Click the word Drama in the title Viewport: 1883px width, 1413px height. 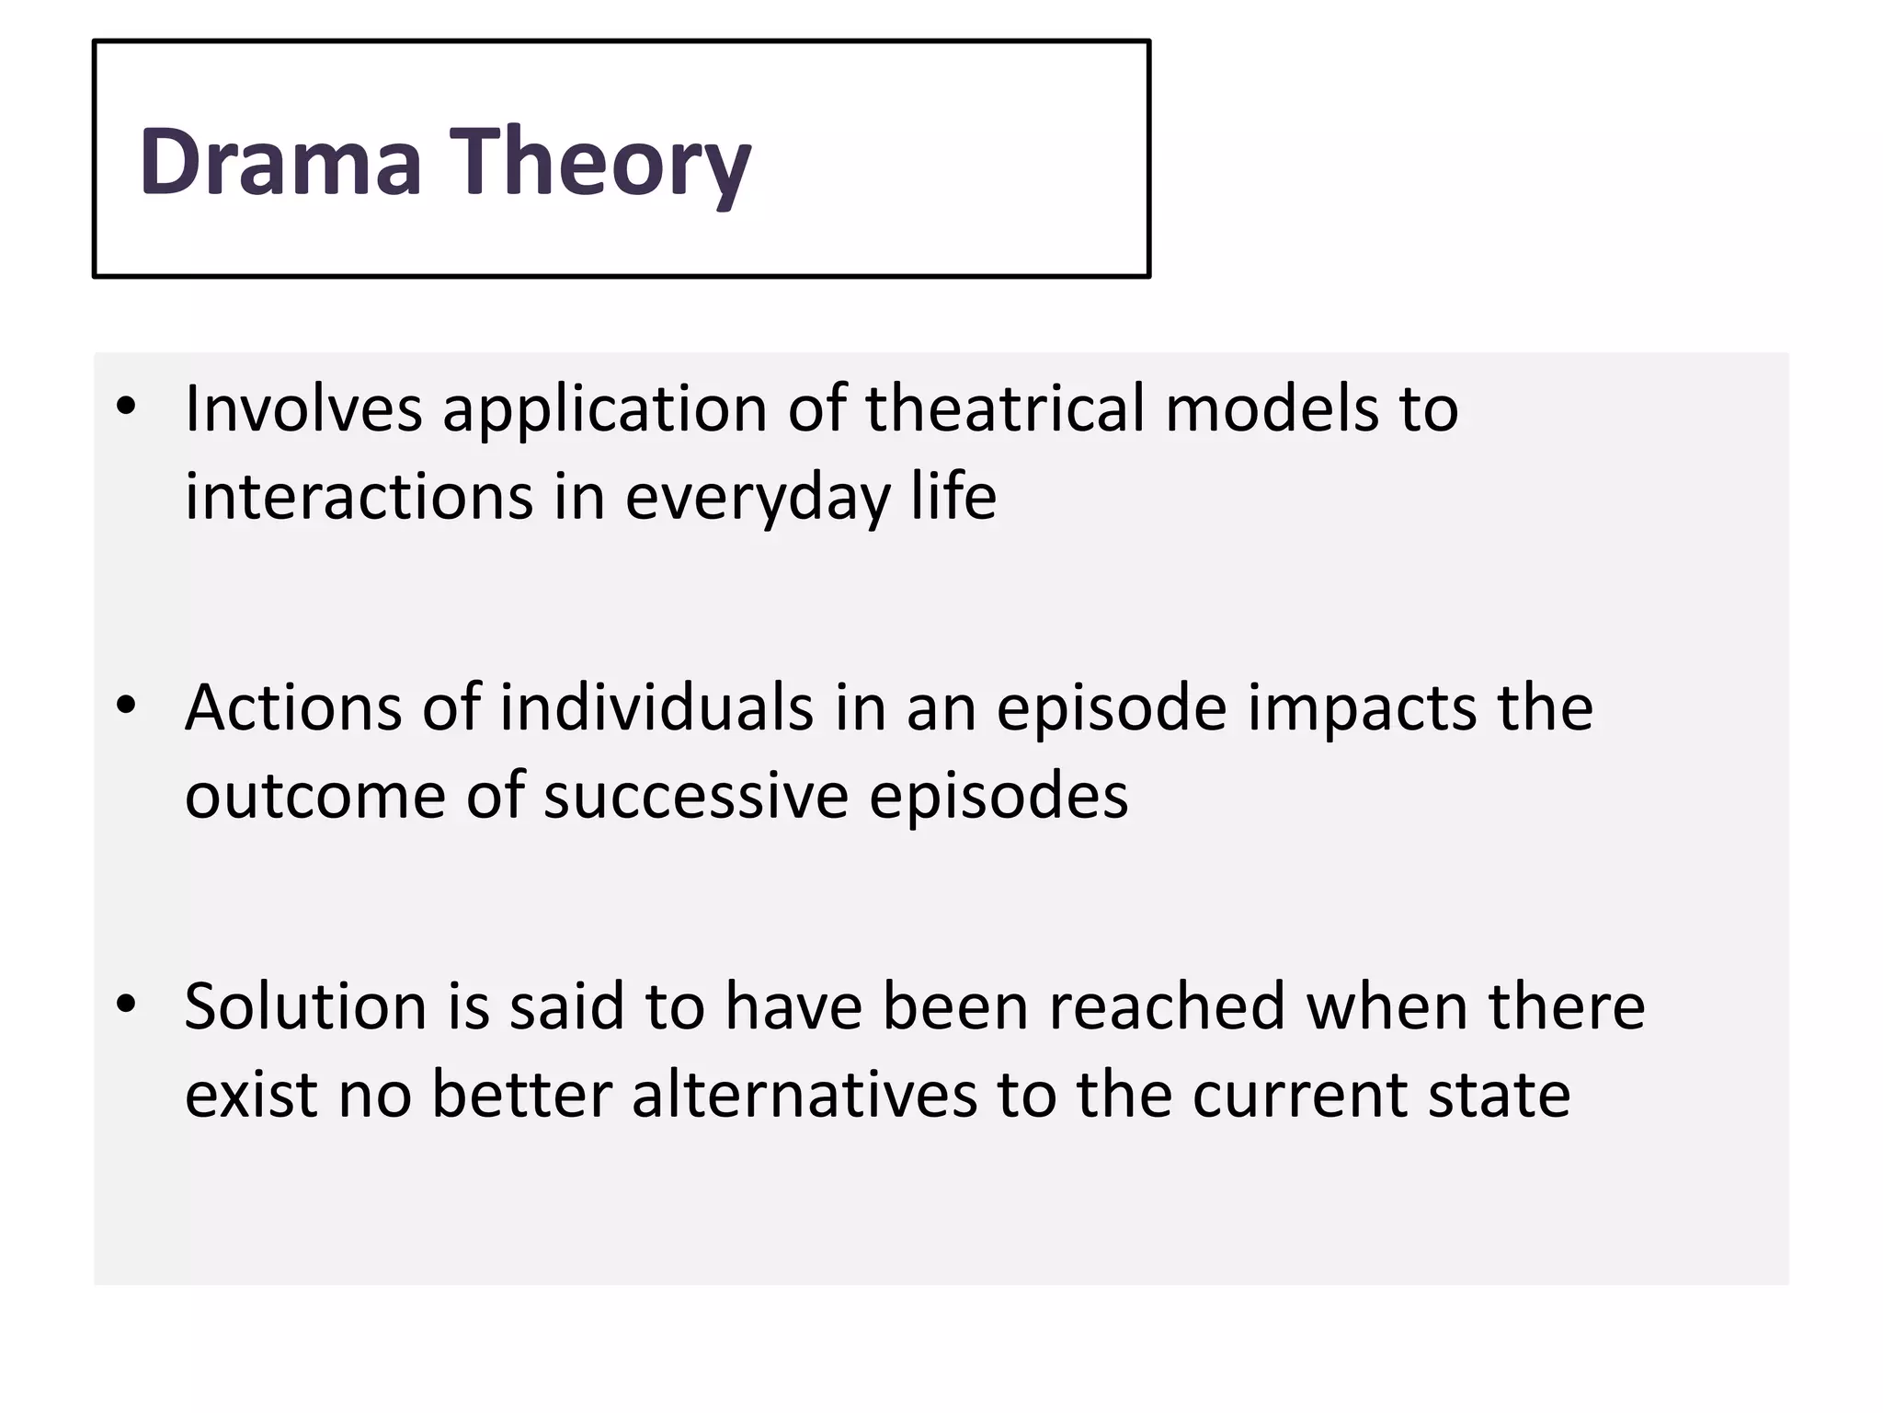(x=280, y=162)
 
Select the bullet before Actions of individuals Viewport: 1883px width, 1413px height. (x=127, y=706)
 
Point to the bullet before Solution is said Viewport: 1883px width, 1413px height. (x=127, y=1004)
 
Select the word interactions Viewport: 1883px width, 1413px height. (x=359, y=497)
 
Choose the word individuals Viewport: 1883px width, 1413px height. (x=656, y=707)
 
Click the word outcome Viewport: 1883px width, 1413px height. (x=315, y=797)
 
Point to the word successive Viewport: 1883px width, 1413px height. (x=695, y=797)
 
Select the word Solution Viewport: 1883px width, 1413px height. (x=306, y=1006)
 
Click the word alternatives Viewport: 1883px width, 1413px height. (x=805, y=1095)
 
